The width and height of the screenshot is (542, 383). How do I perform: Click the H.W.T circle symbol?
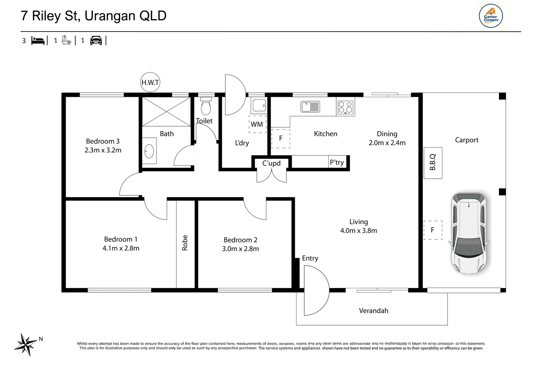(x=150, y=82)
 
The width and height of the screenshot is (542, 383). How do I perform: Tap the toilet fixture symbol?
(x=206, y=106)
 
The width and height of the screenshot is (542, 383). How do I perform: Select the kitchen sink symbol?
(x=310, y=107)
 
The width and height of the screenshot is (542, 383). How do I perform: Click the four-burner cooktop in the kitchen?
(x=345, y=107)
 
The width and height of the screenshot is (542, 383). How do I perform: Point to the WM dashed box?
(x=258, y=124)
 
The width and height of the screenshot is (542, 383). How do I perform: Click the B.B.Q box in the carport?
(x=433, y=163)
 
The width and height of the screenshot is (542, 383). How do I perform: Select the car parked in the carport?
(x=469, y=233)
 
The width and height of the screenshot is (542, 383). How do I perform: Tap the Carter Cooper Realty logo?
(x=491, y=16)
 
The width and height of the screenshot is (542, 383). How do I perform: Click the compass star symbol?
(x=26, y=345)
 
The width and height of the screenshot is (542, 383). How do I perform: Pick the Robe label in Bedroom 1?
(x=184, y=243)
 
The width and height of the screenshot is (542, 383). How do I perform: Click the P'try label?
(x=337, y=162)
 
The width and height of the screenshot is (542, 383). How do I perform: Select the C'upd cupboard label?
(x=271, y=163)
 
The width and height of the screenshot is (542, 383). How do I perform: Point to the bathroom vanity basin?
(x=149, y=151)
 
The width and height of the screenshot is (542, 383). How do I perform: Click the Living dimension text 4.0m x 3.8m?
(x=359, y=231)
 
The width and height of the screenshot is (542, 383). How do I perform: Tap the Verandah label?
(x=374, y=311)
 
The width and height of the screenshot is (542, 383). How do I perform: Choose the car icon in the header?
(x=96, y=40)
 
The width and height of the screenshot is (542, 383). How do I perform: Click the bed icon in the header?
(x=38, y=41)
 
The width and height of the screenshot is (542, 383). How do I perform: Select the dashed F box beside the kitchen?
(x=281, y=139)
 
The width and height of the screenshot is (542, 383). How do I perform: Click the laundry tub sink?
(x=259, y=105)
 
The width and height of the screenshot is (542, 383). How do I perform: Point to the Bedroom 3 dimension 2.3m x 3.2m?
(x=103, y=150)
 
